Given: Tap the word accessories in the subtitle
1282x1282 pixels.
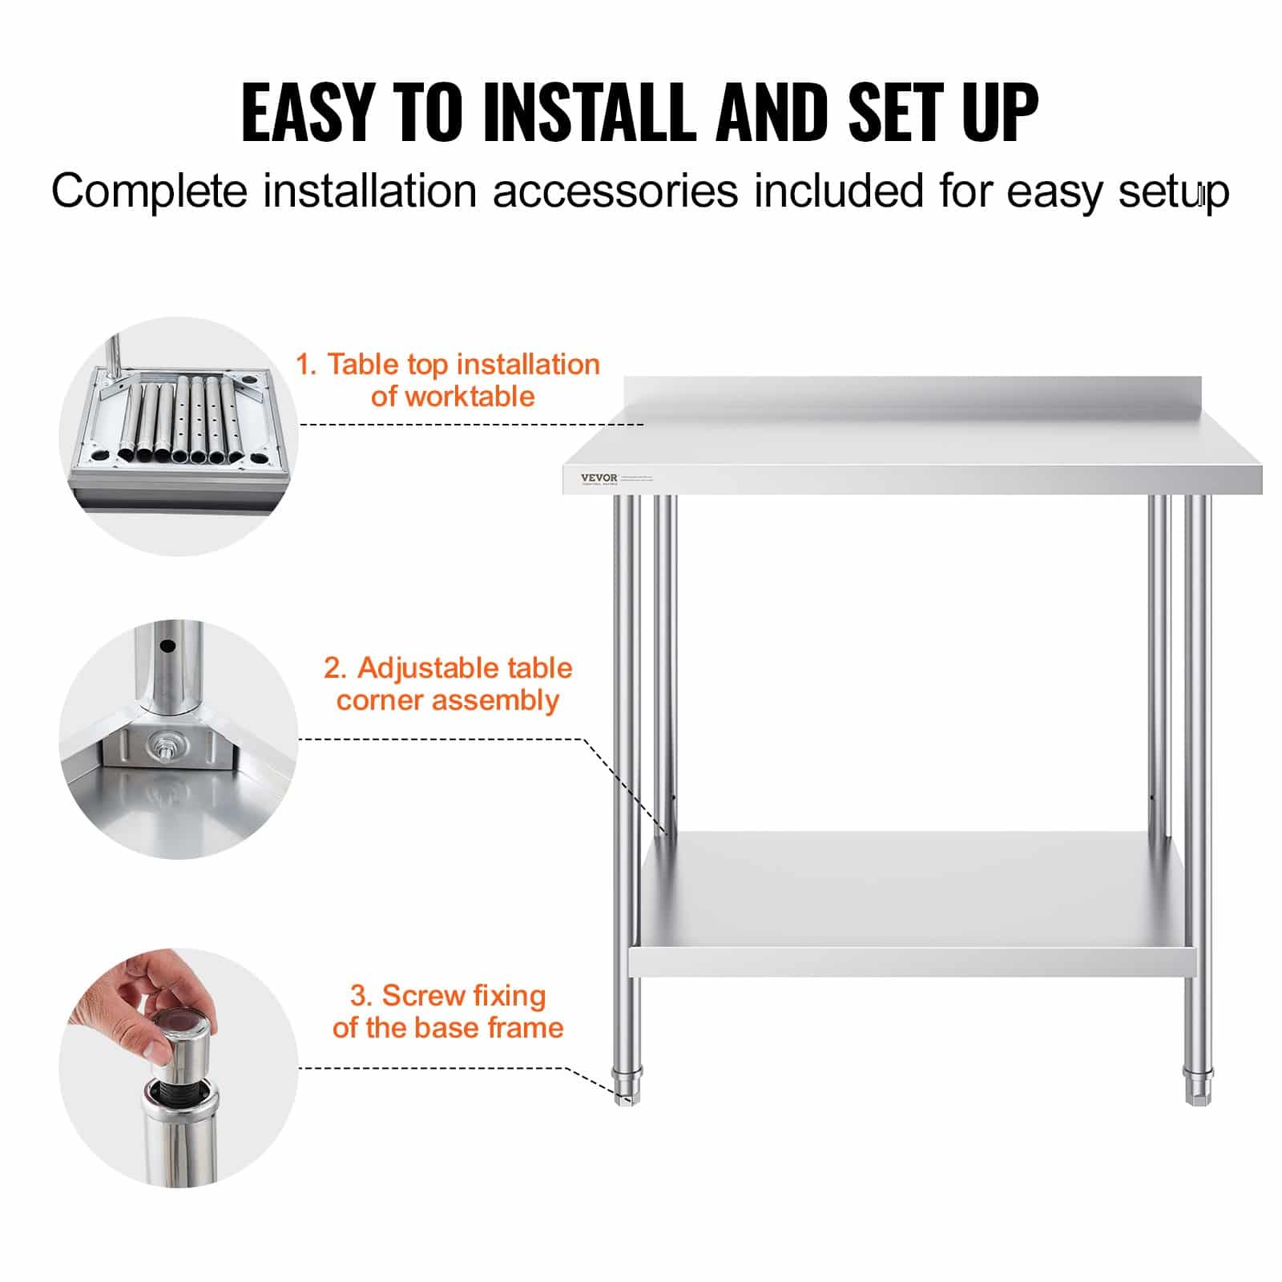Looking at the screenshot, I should [615, 191].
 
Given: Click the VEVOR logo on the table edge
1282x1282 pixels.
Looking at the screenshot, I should [599, 478].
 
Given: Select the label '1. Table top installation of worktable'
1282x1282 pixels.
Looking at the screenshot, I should [449, 380].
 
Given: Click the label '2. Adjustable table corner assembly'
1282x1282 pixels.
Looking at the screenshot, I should [448, 683].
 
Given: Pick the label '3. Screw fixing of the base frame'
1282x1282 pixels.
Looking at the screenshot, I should [448, 1011].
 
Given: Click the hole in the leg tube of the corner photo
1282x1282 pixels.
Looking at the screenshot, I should [167, 646].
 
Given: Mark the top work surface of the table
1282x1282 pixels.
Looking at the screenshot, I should [913, 449].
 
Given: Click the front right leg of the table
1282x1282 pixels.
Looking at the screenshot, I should [1197, 721].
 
